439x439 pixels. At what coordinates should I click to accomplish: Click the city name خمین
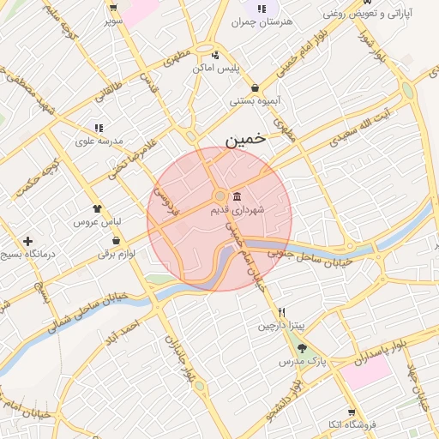tap(247, 139)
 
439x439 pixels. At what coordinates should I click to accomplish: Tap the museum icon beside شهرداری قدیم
tap(238, 196)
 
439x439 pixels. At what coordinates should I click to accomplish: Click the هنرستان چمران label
tap(259, 22)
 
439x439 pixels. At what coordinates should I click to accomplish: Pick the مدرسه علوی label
tap(99, 140)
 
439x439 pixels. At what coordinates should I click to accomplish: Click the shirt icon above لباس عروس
tap(97, 207)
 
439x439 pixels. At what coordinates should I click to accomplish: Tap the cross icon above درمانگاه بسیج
tap(29, 242)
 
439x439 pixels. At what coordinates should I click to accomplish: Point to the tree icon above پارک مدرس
tap(301, 349)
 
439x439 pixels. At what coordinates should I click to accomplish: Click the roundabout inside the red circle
tap(220, 196)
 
